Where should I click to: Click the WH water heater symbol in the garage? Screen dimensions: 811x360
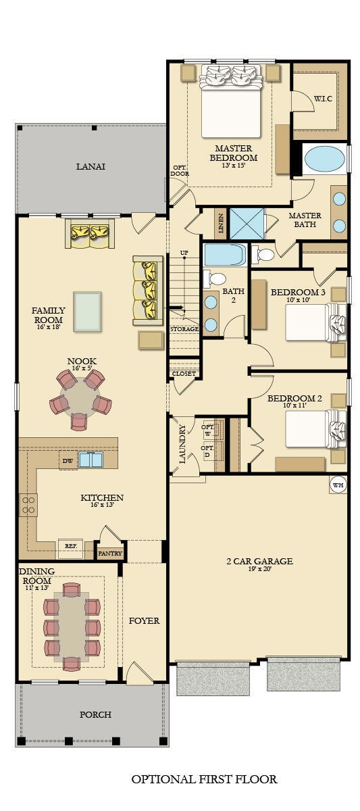click(x=338, y=485)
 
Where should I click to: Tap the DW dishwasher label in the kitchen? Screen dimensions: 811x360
click(x=68, y=461)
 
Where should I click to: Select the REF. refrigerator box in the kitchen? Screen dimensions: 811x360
click(x=70, y=546)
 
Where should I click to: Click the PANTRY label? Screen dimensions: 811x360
click(x=109, y=553)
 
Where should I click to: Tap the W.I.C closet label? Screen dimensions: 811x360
click(x=323, y=99)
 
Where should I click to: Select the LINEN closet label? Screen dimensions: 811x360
click(x=221, y=224)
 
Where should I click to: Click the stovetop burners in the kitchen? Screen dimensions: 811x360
click(x=29, y=505)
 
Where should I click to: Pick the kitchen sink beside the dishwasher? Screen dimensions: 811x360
click(x=91, y=460)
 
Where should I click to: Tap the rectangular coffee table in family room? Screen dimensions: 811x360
click(x=87, y=312)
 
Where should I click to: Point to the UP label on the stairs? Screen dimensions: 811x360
click(x=184, y=253)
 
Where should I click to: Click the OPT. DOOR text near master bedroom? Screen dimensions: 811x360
click(x=180, y=170)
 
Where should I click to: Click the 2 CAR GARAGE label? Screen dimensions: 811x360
click(x=259, y=561)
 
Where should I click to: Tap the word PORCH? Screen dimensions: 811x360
click(x=95, y=714)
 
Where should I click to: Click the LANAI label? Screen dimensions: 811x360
click(x=91, y=166)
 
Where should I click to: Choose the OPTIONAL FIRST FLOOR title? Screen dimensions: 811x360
click(x=204, y=779)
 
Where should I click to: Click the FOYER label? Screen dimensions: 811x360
click(x=144, y=620)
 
